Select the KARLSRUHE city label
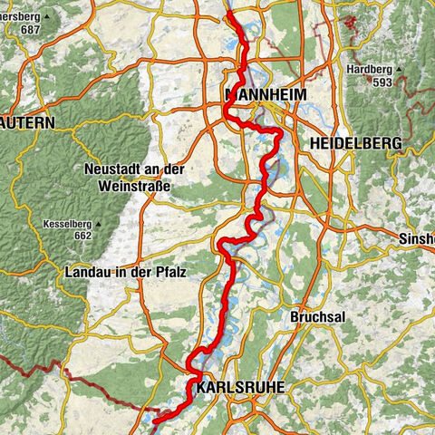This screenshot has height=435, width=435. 240,387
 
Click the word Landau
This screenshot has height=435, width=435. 87,272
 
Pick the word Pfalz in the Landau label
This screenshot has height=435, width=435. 169,272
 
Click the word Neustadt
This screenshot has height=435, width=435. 113,169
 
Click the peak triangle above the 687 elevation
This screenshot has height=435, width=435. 47,16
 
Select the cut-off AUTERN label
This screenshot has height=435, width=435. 27,121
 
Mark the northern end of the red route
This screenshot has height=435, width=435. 229,12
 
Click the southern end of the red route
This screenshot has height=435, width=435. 155,421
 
